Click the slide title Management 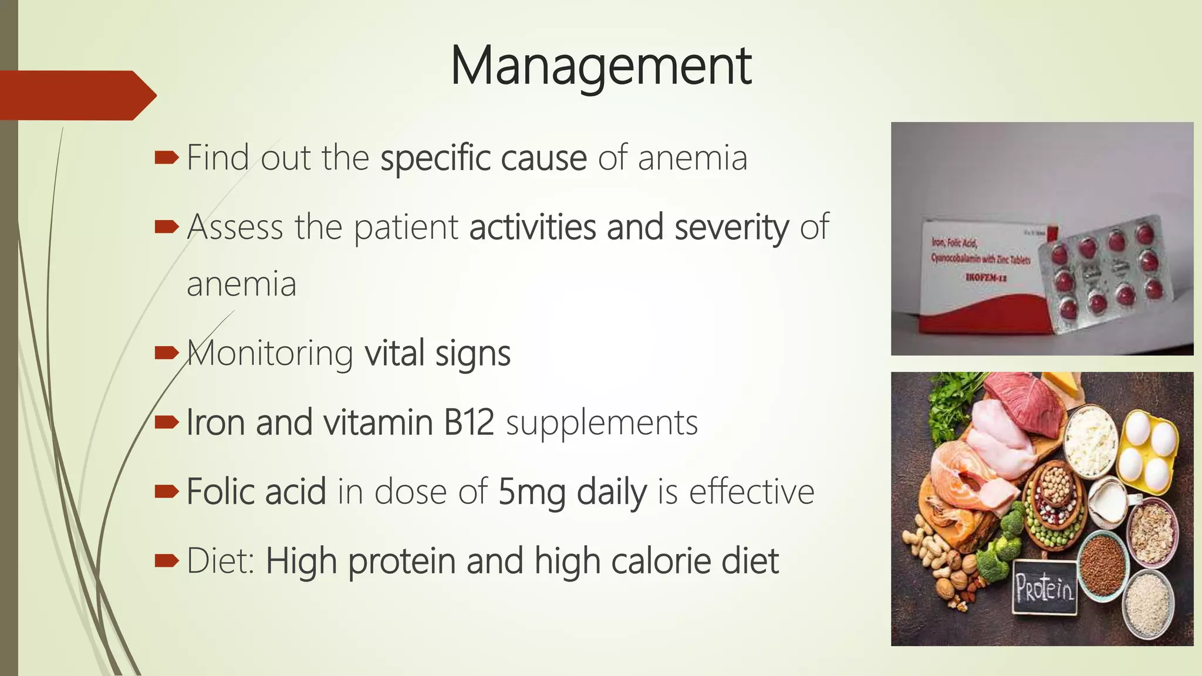(x=600, y=66)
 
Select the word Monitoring (x=270, y=354)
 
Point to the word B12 (x=469, y=422)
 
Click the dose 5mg (x=531, y=492)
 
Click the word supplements (x=602, y=424)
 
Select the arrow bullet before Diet (x=166, y=561)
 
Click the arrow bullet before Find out (x=166, y=158)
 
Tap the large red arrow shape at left (x=76, y=96)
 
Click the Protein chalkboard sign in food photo (x=1045, y=587)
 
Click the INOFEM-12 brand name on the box (x=985, y=278)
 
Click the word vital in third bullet (x=394, y=354)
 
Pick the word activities (x=532, y=227)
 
